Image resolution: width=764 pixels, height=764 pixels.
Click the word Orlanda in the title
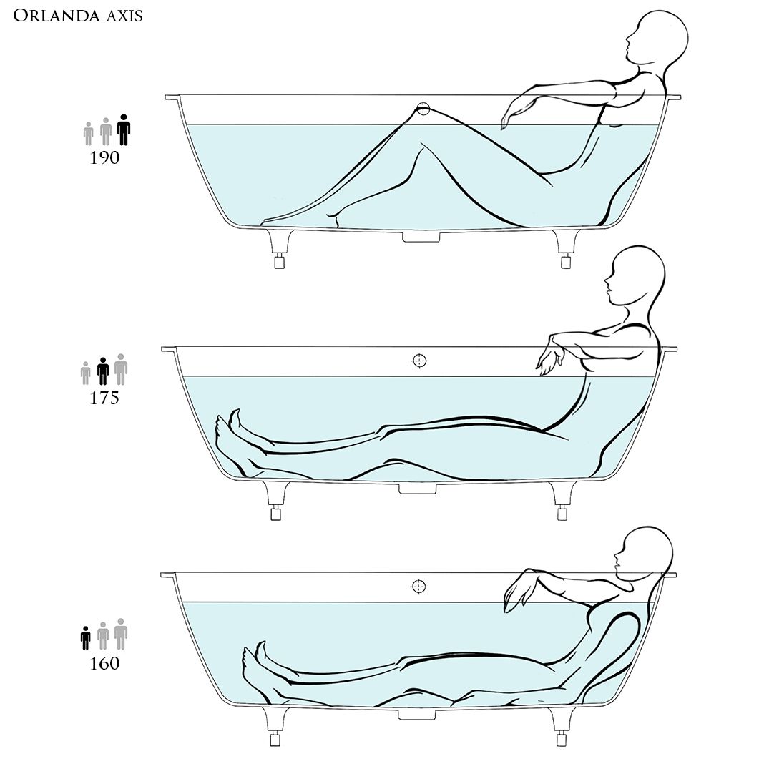(x=56, y=16)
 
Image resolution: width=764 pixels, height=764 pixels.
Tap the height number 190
(x=104, y=158)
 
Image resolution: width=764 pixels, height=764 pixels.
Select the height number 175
(x=104, y=398)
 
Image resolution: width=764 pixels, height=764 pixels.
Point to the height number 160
(x=104, y=663)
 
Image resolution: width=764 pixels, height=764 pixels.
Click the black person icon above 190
(x=124, y=129)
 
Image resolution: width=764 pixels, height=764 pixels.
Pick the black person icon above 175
(x=103, y=371)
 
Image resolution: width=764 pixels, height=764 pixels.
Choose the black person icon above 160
(x=86, y=638)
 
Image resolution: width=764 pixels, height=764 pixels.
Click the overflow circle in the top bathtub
(x=423, y=109)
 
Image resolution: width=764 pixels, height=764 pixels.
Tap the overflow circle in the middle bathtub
(x=419, y=361)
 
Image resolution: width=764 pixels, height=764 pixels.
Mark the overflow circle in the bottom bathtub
(x=418, y=587)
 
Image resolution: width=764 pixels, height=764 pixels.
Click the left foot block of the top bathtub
(x=280, y=262)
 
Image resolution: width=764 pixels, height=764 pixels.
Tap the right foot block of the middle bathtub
(x=563, y=514)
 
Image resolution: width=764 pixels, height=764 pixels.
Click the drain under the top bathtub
(x=421, y=237)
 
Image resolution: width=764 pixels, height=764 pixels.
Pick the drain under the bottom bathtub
(x=417, y=715)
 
